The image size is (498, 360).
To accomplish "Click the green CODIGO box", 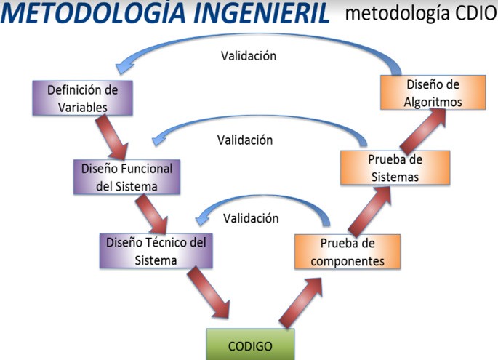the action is [x=250, y=345].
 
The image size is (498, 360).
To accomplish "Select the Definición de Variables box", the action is [x=83, y=98].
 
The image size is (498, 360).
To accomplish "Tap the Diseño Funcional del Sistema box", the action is [x=126, y=177].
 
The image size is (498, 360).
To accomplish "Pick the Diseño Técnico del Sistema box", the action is [x=156, y=251].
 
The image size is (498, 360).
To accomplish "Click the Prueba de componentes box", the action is [x=348, y=252].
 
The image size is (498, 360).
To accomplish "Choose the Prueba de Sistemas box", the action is [x=395, y=168].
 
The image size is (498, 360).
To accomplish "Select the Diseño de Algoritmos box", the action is [x=433, y=92].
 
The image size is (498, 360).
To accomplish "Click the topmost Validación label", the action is [x=249, y=56].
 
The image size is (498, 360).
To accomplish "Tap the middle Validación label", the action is [x=245, y=140].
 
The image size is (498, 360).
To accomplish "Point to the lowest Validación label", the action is [x=251, y=218].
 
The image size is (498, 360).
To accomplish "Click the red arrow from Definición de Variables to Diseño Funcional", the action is [x=111, y=137].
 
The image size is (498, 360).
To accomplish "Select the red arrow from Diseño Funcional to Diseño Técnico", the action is [x=151, y=214].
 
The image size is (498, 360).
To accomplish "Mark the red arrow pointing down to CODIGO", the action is [x=208, y=292].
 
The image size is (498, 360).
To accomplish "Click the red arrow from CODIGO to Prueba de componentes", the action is [x=300, y=303].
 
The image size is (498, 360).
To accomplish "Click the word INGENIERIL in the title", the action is [x=262, y=12].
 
